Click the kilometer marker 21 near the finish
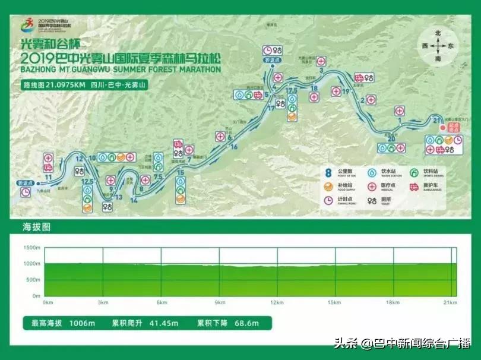[x=436, y=121]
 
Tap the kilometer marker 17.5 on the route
[x=291, y=90]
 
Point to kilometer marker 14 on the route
[x=134, y=200]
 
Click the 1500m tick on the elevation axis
[x=32, y=247]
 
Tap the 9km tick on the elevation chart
[x=220, y=302]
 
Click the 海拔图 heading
[x=37, y=227]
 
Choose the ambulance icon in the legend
[x=414, y=187]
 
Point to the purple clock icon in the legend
[x=328, y=201]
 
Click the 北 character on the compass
[x=438, y=34]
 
